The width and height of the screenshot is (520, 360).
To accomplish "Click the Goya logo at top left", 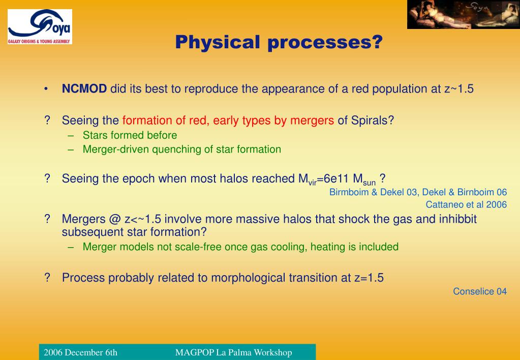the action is (40, 26).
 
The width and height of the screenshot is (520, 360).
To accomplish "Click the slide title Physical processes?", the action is (279, 42).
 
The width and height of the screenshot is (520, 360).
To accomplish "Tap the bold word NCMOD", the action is (84, 88).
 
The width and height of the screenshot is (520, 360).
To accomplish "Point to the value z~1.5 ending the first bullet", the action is (459, 88).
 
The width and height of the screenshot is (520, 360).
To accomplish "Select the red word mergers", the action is (312, 121).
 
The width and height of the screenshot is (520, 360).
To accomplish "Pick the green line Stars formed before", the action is (130, 135).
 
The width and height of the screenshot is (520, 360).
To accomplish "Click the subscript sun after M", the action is (369, 183).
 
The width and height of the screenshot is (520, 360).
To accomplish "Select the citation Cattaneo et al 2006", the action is (466, 204).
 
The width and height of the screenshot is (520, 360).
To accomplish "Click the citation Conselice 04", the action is (480, 291).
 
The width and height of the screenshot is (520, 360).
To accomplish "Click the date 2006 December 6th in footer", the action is (81, 352).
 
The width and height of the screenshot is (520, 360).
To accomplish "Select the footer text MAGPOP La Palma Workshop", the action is (233, 352).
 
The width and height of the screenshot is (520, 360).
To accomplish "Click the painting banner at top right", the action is (464, 15).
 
